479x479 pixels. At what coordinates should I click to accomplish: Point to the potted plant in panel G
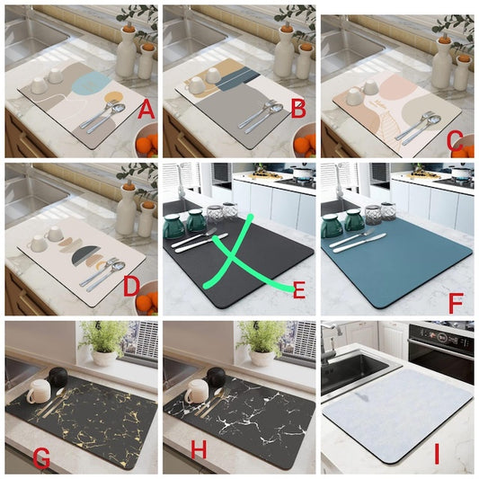click(x=105, y=342)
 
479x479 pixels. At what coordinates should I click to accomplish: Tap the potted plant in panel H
click(x=262, y=342)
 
